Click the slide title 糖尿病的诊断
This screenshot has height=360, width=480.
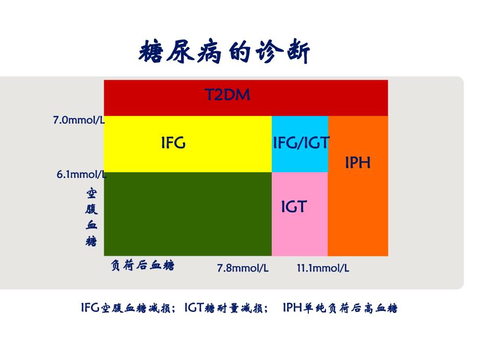point(225,53)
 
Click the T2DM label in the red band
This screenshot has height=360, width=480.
point(227,94)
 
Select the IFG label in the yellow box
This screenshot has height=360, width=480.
point(173,143)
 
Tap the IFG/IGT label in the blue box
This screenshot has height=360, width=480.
point(301,143)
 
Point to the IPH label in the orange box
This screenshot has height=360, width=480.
point(358,162)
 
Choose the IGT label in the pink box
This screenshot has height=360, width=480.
point(294,207)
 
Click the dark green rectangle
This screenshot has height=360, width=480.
point(188,214)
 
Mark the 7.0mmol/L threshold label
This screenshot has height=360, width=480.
point(79,121)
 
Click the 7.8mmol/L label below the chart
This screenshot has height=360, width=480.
point(243,268)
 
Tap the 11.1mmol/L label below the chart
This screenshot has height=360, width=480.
point(323,268)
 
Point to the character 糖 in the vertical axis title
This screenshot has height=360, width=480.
point(91,241)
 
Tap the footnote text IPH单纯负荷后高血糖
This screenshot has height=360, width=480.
point(340,308)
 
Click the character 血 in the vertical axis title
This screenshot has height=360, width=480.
point(91,226)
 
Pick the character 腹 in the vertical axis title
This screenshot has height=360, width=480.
point(91,210)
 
